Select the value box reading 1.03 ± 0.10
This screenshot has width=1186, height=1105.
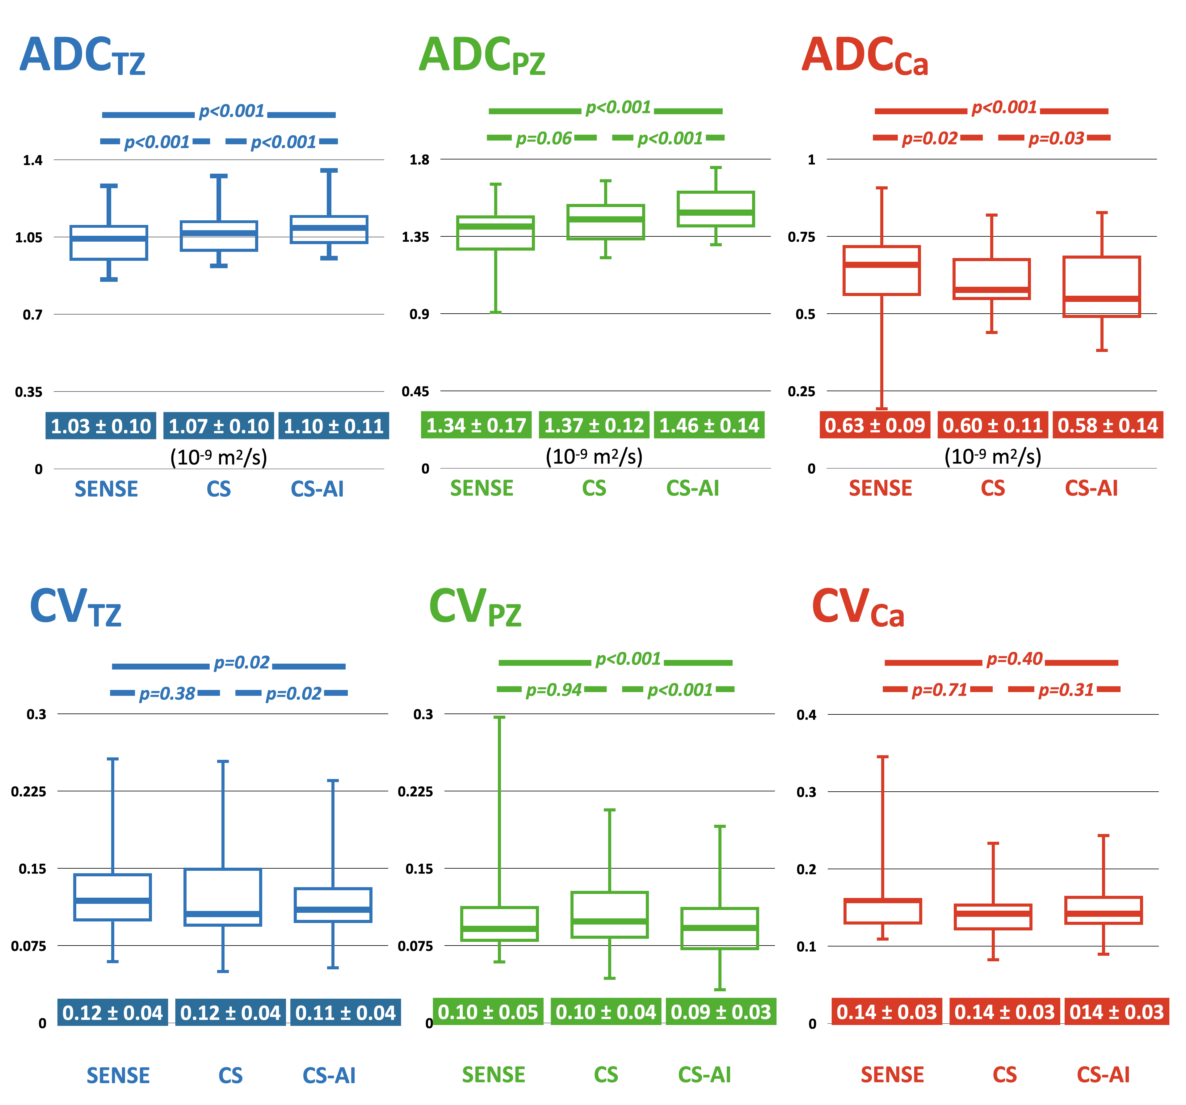(x=101, y=426)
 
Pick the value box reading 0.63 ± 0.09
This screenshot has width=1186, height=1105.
(x=875, y=425)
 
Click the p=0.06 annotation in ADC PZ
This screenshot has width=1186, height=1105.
(x=544, y=138)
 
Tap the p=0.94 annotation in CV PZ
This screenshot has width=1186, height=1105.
(x=553, y=690)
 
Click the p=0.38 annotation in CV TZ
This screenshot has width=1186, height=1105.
(x=167, y=694)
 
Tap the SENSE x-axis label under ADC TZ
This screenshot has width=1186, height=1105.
(x=106, y=489)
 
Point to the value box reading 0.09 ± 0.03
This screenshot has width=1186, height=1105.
(x=721, y=1012)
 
